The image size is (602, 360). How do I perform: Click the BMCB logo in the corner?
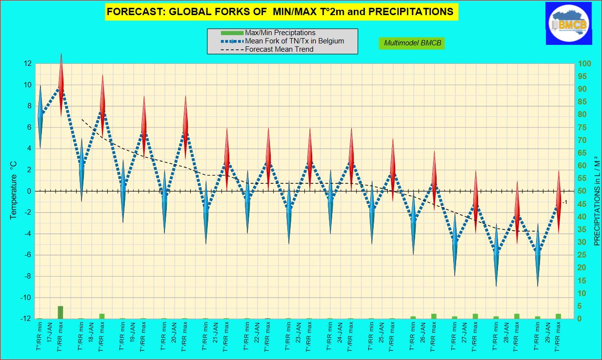point(570,23)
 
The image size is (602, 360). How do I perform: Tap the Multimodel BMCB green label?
point(412,43)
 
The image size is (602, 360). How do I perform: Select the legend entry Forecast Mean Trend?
point(279,49)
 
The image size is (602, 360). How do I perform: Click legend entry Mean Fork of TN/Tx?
point(294,41)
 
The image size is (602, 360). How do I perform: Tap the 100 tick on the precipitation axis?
point(585,64)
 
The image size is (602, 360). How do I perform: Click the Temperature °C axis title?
point(13,191)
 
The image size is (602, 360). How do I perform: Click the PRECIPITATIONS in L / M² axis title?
point(596,191)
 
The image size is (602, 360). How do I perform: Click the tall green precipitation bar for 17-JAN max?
point(60,312)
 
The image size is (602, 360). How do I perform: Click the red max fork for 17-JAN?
point(61,85)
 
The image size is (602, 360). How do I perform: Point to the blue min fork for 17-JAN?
point(40,116)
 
